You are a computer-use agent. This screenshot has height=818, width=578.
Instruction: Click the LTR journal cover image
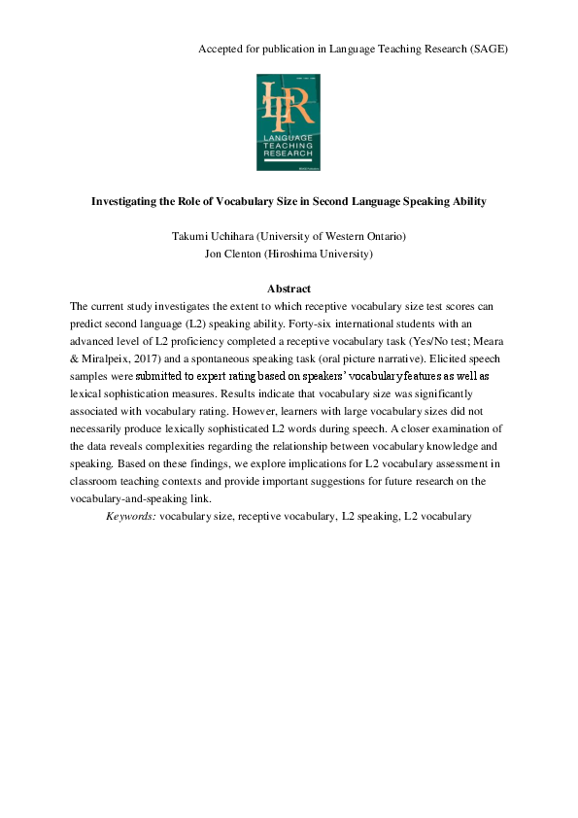289,123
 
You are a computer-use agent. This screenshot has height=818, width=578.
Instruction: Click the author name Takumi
195,236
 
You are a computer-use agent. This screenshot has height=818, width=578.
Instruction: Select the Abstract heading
289,289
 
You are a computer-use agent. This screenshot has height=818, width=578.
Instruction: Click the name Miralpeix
113,358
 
